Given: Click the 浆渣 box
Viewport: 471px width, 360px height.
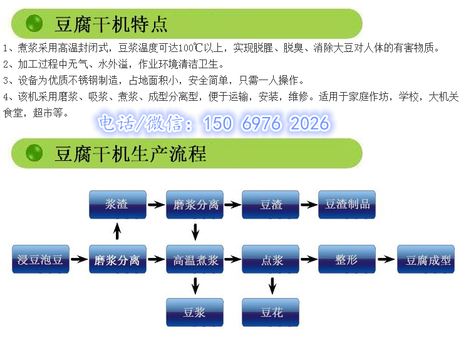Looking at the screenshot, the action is click(x=118, y=205).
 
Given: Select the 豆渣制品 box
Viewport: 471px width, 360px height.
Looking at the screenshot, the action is click(x=347, y=205).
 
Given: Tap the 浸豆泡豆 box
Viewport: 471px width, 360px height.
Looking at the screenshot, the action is click(x=41, y=259).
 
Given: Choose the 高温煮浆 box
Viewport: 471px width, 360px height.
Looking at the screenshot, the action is click(x=195, y=259).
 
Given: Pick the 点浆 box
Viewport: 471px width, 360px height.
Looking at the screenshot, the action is click(x=271, y=259).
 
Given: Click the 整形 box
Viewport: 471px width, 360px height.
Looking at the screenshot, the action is click(x=347, y=259).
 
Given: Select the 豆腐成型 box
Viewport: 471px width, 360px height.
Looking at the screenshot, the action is click(x=426, y=259).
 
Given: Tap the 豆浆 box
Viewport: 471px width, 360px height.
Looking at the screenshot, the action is click(x=195, y=312).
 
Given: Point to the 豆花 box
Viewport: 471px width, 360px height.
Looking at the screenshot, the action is click(x=271, y=312).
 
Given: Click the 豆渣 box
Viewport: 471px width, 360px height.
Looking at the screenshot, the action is click(x=271, y=205).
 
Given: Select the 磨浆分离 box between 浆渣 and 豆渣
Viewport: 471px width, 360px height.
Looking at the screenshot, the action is click(x=195, y=205).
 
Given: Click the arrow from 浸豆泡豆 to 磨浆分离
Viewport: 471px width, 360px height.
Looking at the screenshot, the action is click(x=79, y=259).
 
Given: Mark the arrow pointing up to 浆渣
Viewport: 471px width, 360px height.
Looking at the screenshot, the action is click(x=118, y=231).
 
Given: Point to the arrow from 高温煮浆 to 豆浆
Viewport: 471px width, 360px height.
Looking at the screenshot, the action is click(x=195, y=286).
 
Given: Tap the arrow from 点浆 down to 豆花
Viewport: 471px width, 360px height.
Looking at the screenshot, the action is click(x=272, y=286).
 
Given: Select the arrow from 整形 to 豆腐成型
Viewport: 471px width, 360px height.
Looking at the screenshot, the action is click(x=386, y=259).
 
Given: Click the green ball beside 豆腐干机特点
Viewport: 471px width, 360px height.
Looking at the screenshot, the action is click(x=34, y=23).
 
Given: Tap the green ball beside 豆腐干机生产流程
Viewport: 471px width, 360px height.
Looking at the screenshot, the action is click(x=34, y=153).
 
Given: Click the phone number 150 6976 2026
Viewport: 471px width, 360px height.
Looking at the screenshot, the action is click(x=266, y=123).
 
